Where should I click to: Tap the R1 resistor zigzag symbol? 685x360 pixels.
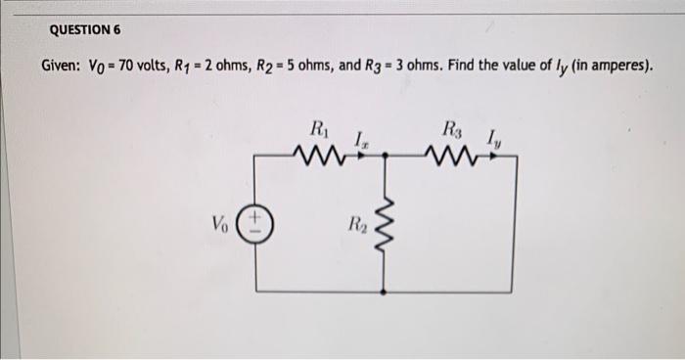(318, 154)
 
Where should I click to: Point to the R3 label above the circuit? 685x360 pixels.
(451, 127)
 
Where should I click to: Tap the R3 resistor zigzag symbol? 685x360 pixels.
(451, 154)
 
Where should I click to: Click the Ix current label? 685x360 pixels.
(362, 140)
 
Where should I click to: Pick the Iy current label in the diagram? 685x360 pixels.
(493, 140)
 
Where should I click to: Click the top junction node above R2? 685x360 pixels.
(383, 155)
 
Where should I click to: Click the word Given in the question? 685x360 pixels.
(63, 67)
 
